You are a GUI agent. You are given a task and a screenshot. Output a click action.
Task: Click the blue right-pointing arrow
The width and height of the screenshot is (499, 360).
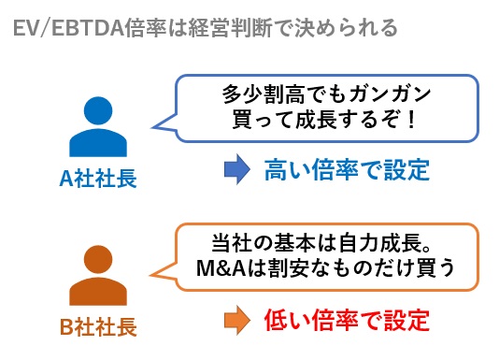(x=235, y=169)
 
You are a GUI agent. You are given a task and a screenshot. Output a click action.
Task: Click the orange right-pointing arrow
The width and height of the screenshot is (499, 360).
(x=235, y=319)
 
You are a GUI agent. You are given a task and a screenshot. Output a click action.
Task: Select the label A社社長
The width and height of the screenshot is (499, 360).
(x=97, y=179)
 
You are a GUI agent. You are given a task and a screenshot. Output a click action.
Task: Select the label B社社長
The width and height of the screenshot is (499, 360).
(x=97, y=327)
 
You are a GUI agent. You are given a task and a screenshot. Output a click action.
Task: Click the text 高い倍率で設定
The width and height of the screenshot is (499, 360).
(x=346, y=169)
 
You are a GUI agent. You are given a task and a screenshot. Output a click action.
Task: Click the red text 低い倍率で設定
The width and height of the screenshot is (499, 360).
(x=346, y=319)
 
